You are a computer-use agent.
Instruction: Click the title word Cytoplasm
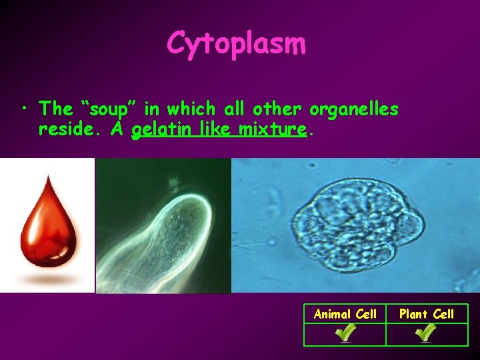(x=237, y=44)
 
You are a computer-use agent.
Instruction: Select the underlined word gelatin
(x=159, y=129)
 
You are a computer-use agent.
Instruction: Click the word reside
(x=67, y=129)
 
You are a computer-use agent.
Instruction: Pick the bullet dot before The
(x=24, y=109)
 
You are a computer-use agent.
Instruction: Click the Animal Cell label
(x=345, y=314)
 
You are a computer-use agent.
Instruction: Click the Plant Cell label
(x=427, y=314)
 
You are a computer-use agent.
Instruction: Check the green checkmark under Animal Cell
(x=345, y=333)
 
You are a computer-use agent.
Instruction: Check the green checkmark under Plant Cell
(x=427, y=333)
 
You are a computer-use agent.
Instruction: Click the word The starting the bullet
(x=55, y=108)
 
